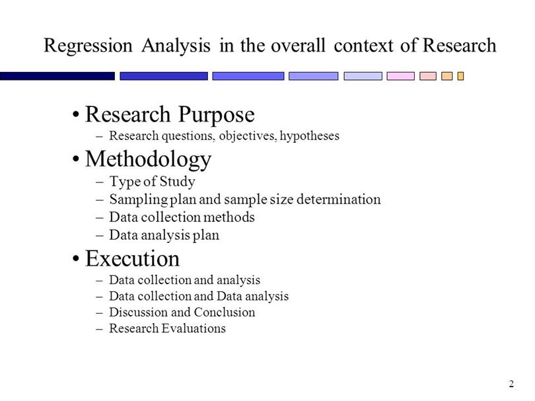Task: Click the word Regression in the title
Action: (88, 46)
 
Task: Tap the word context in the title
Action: (364, 46)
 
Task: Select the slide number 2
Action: (511, 384)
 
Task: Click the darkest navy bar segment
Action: (57, 76)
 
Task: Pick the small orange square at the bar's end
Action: (460, 76)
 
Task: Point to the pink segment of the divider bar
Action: (400, 76)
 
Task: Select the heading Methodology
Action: (148, 160)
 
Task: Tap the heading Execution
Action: (132, 258)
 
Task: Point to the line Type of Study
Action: (152, 181)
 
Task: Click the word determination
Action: (338, 200)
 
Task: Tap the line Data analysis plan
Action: (164, 235)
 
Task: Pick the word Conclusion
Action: (225, 312)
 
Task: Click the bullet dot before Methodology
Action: (76, 159)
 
